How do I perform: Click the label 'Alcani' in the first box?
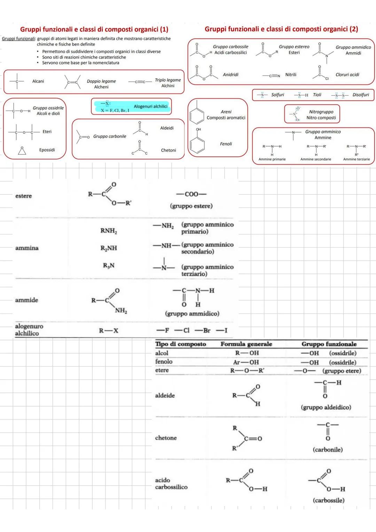[38, 81]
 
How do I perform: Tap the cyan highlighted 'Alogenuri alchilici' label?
[150, 106]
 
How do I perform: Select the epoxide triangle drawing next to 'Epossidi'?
[22, 150]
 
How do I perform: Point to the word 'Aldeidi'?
[167, 128]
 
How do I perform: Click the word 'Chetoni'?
[169, 150]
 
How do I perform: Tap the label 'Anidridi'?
[230, 75]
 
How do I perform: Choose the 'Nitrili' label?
[291, 75]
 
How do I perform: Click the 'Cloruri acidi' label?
[347, 75]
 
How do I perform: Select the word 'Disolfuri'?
[361, 95]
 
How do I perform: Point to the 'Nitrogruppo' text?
[321, 112]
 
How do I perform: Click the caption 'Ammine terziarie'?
[357, 159]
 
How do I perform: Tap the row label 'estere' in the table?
[24, 196]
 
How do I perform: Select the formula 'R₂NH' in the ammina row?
[109, 248]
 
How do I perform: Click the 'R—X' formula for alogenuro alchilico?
[109, 331]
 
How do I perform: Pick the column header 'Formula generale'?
[246, 344]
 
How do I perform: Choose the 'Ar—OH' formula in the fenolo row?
[246, 362]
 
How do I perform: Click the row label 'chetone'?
[166, 438]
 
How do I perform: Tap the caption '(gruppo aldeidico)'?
[326, 407]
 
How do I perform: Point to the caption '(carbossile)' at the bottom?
[328, 500]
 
